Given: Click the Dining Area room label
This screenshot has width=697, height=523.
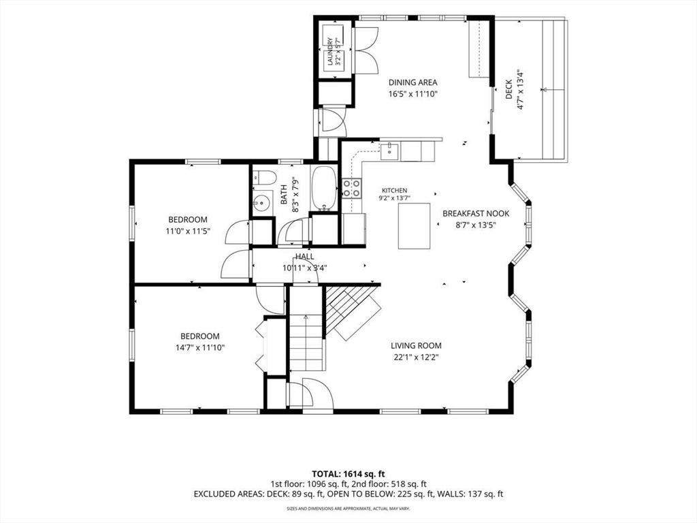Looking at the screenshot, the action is (413, 82).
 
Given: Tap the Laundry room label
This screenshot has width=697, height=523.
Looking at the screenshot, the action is (331, 52).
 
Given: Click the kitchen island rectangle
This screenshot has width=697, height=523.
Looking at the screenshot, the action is (414, 226).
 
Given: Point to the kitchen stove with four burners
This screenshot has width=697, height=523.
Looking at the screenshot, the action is (351, 188).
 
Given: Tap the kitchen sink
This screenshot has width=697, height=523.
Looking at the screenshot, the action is (390, 150).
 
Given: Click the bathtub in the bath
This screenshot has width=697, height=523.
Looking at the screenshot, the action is (324, 189).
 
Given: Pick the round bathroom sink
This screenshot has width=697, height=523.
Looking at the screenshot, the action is (262, 204).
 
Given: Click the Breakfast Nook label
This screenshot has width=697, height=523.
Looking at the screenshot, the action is (476, 214).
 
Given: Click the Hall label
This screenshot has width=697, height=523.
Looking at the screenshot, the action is (304, 257).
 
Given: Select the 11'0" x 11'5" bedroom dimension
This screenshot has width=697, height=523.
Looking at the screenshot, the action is (188, 232).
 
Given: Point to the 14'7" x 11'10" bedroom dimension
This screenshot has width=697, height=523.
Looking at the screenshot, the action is (200, 348).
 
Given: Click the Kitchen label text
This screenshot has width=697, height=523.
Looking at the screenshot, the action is (394, 191).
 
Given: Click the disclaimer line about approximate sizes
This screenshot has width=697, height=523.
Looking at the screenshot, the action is (348, 508).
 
